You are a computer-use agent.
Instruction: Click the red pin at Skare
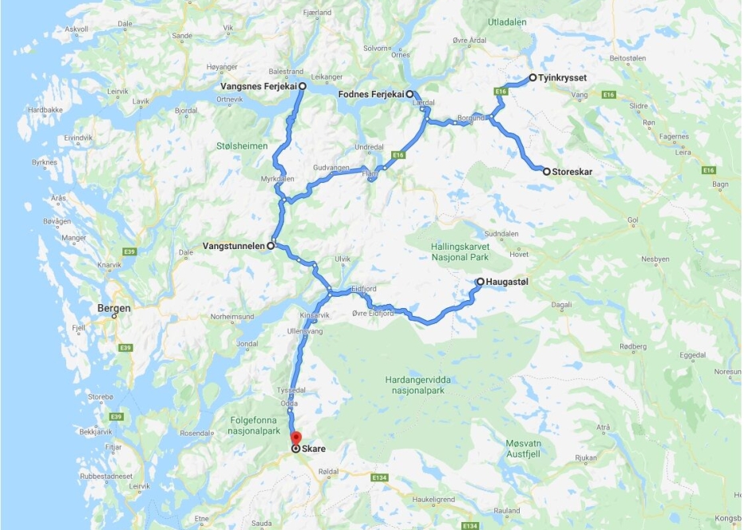point(295,438)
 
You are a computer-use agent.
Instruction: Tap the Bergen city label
point(113,308)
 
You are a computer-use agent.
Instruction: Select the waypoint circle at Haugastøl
point(480,282)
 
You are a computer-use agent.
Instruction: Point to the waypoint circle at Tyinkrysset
point(532,78)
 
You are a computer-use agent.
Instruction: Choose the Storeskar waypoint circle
point(546,172)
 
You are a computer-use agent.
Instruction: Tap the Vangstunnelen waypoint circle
point(271,246)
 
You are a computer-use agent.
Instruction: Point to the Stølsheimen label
point(240,146)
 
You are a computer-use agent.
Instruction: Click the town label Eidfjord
point(364,290)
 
